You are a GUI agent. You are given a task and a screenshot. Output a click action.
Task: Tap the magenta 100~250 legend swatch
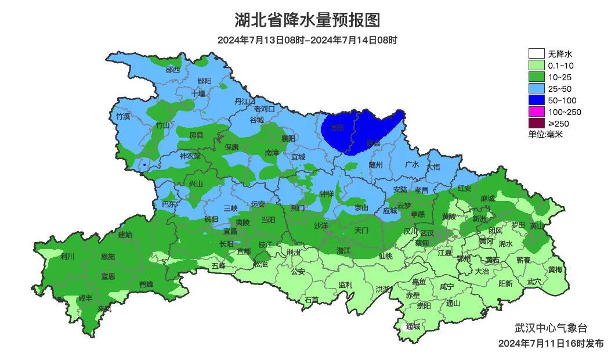click(537, 112)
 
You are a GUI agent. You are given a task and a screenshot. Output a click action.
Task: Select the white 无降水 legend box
click(537, 54)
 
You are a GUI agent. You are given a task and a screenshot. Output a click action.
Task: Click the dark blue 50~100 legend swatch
click(537, 100)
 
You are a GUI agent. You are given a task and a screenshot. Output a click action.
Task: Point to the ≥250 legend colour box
click(537, 124)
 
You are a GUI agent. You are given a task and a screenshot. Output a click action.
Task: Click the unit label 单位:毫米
click(545, 135)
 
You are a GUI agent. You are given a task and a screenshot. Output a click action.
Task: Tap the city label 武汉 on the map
click(427, 232)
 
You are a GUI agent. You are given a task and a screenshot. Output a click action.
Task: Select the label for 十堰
click(198, 93)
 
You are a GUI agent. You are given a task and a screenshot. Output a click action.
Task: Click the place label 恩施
click(108, 257)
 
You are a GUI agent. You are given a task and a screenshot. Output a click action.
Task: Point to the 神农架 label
click(190, 156)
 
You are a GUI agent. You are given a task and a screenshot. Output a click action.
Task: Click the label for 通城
click(413, 326)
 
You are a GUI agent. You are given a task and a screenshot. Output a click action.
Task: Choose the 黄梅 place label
click(555, 269)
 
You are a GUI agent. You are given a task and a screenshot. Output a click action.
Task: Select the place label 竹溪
click(123, 117)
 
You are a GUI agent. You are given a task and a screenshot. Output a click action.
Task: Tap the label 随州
click(376, 165)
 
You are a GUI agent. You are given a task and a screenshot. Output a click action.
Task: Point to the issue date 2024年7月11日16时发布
click(551, 344)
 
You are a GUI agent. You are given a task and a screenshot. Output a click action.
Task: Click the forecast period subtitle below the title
click(307, 40)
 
